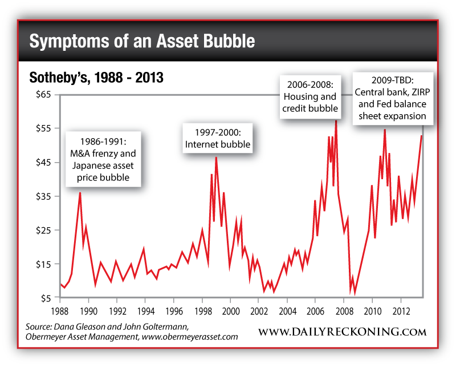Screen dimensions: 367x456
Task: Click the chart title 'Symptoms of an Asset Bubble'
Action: click(141, 42)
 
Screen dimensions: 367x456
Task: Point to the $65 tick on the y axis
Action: click(43, 95)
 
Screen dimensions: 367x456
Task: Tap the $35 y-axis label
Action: click(43, 196)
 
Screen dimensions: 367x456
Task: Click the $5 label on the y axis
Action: click(46, 298)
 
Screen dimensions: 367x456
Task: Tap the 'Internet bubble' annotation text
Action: click(217, 144)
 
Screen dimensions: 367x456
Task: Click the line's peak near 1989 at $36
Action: click(80, 192)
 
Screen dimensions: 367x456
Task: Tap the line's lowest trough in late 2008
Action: click(355, 294)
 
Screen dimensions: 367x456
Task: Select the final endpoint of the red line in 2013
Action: click(422, 135)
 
